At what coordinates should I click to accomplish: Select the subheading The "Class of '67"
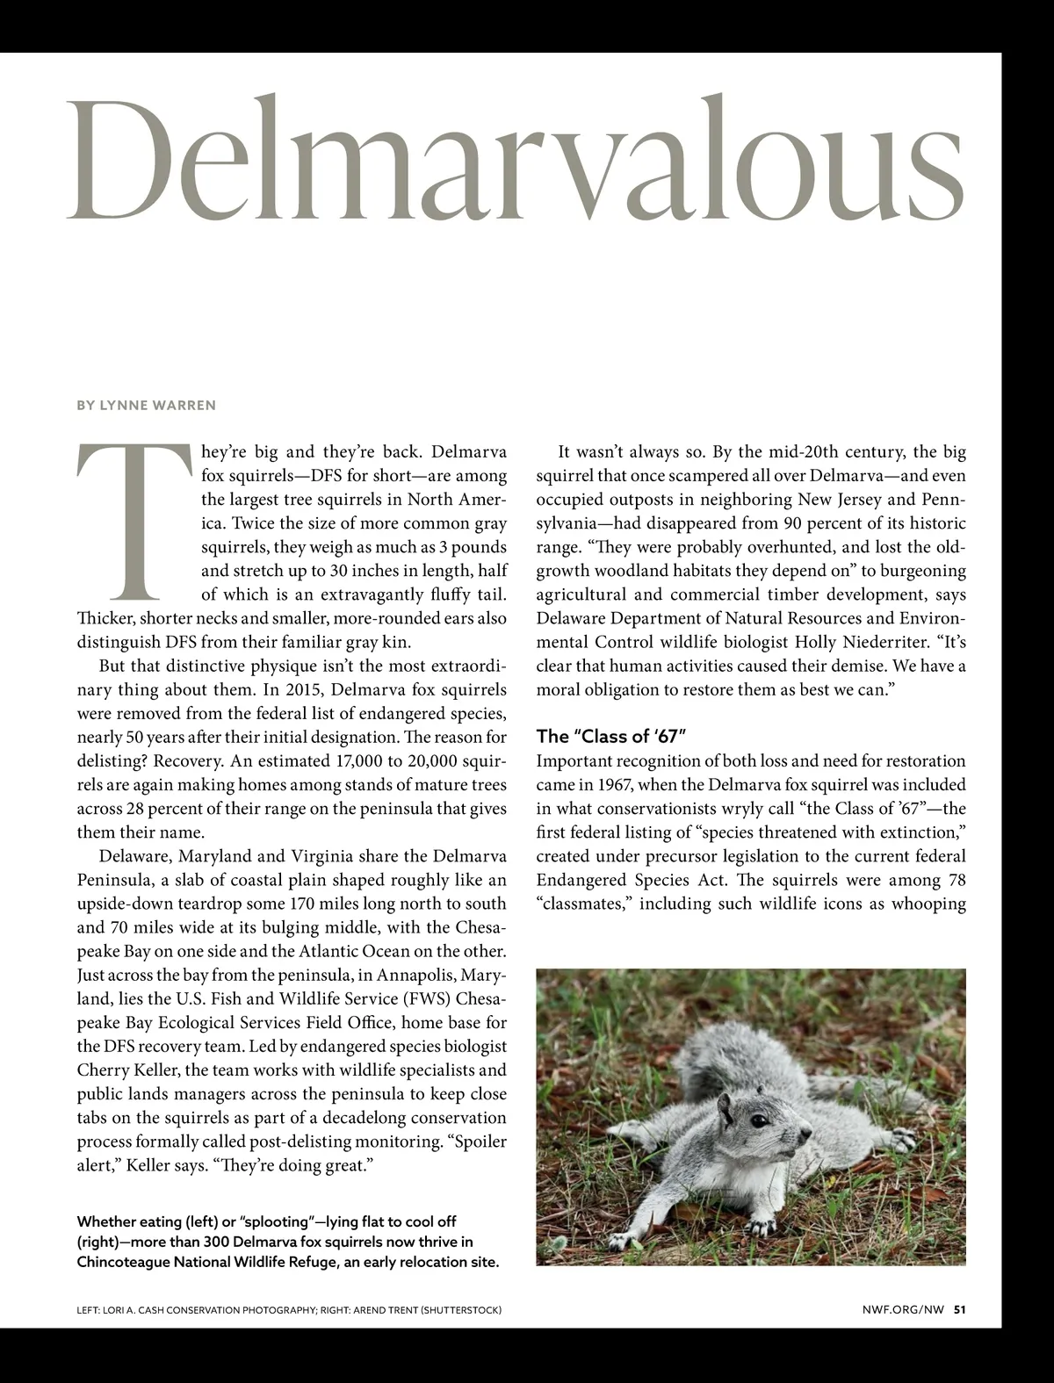point(610,736)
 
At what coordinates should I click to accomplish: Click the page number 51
point(960,1310)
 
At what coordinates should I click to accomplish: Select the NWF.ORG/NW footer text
point(903,1310)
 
